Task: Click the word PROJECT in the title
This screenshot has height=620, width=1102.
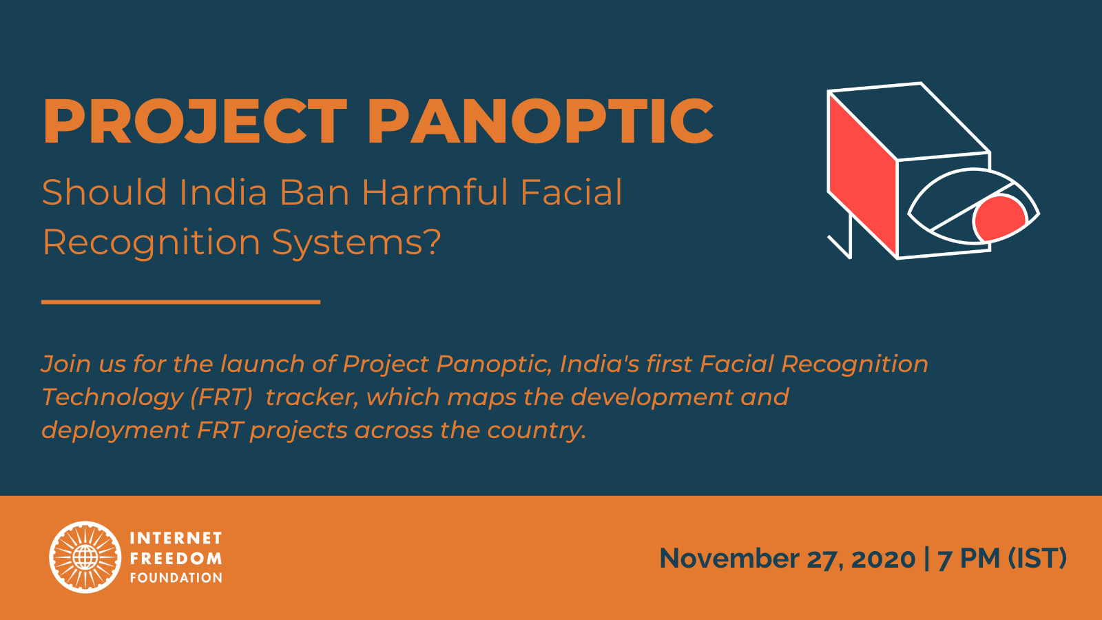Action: (x=195, y=121)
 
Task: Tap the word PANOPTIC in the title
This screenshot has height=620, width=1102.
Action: (x=541, y=121)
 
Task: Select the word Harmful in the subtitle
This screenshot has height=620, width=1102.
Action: (x=435, y=192)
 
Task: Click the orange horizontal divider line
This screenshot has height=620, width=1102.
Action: (x=180, y=302)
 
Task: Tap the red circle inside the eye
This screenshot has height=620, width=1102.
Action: (x=999, y=218)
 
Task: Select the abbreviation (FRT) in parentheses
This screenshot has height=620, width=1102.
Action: (x=221, y=397)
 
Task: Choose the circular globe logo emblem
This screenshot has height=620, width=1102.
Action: (x=85, y=557)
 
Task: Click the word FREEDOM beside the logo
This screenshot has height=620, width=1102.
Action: (x=176, y=559)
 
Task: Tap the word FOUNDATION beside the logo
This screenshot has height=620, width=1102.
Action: (x=176, y=578)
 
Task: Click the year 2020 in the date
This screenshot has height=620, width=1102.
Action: (x=883, y=559)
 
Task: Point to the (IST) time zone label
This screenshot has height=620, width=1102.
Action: (x=1037, y=559)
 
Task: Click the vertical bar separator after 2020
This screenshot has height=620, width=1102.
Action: (x=927, y=559)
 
